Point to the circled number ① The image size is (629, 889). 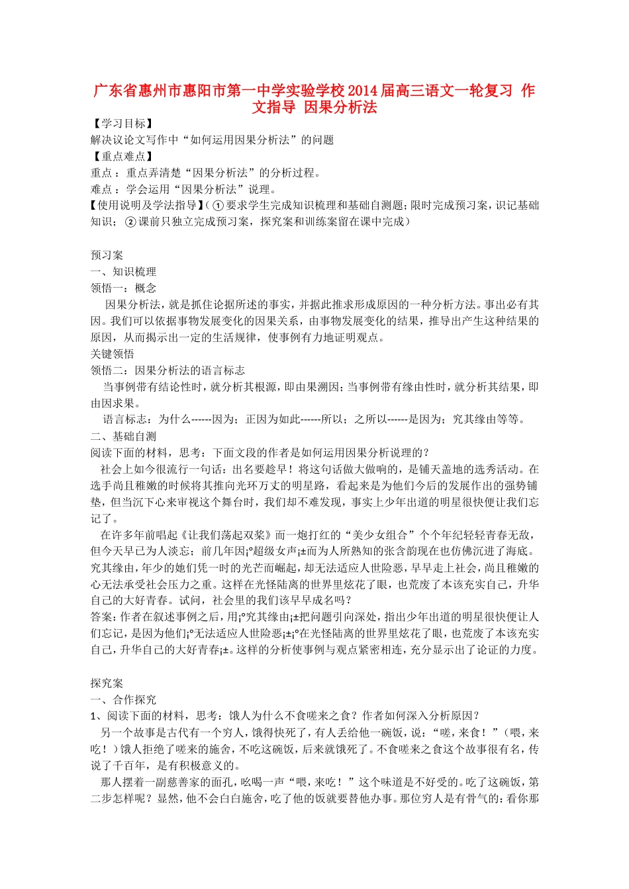(x=217, y=206)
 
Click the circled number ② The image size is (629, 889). (x=130, y=222)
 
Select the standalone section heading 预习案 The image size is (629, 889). (x=107, y=255)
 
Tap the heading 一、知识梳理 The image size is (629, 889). (x=123, y=272)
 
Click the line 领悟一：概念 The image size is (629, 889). (x=123, y=288)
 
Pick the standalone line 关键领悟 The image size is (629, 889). (x=113, y=354)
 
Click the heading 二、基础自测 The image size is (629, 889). (x=123, y=437)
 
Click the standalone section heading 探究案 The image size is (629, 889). (x=107, y=683)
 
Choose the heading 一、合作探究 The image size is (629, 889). (x=123, y=700)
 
